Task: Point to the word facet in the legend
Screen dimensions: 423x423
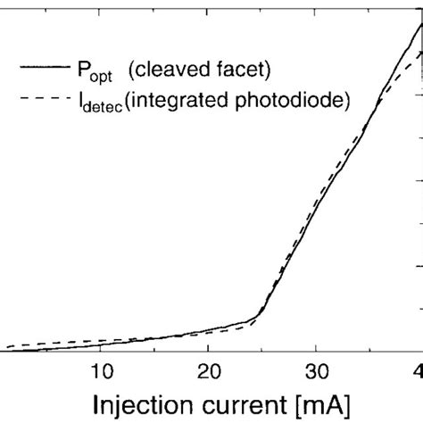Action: click(240, 67)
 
